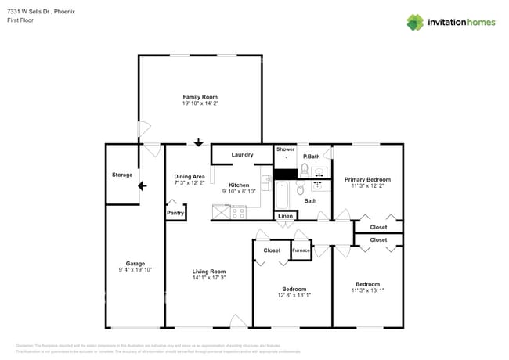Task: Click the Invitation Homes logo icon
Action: click(415, 22)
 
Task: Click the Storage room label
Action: click(122, 175)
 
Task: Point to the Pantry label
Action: click(175, 212)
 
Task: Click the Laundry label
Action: click(242, 155)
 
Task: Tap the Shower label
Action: click(285, 149)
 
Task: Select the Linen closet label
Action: click(285, 215)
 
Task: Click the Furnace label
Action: click(301, 250)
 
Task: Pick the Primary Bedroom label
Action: click(367, 179)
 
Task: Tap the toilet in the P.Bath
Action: click(305, 167)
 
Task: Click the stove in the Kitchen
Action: click(237, 211)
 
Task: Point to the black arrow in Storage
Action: click(141, 186)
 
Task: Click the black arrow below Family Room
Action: click(198, 142)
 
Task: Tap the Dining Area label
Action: click(190, 176)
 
